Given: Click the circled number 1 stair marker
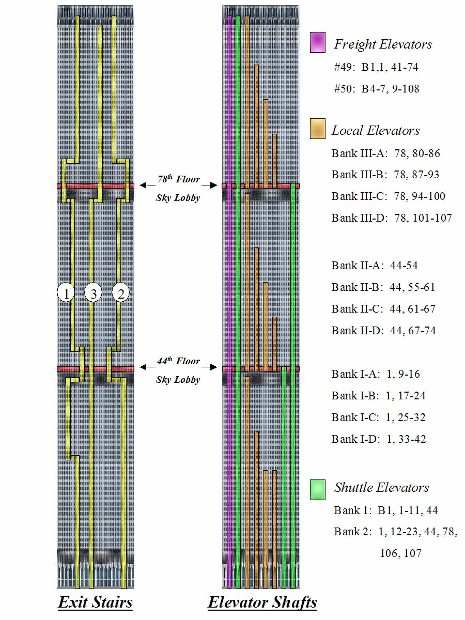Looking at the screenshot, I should pyautogui.click(x=66, y=293).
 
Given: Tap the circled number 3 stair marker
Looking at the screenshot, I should pyautogui.click(x=94, y=293).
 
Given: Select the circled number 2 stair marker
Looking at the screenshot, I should pyautogui.click(x=121, y=293).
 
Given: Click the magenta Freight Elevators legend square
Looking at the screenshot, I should pyautogui.click(x=317, y=43).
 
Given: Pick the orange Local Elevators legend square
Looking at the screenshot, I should pyautogui.click(x=317, y=129).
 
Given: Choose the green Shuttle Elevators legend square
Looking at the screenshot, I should pyautogui.click(x=317, y=489).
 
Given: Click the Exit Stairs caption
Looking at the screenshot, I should pyautogui.click(x=95, y=602).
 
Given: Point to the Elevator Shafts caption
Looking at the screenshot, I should pyautogui.click(x=262, y=602).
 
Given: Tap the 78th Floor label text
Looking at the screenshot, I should pyautogui.click(x=179, y=180).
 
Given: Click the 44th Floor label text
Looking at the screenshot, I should pyautogui.click(x=179, y=362).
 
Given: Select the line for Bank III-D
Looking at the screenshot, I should pyautogui.click(x=392, y=218).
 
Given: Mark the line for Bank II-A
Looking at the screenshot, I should pyautogui.click(x=375, y=266).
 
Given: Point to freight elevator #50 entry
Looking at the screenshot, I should pyautogui.click(x=377, y=89).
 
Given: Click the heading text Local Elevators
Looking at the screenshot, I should pyautogui.click(x=376, y=130).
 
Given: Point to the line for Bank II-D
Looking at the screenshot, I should pyautogui.click(x=383, y=331).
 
